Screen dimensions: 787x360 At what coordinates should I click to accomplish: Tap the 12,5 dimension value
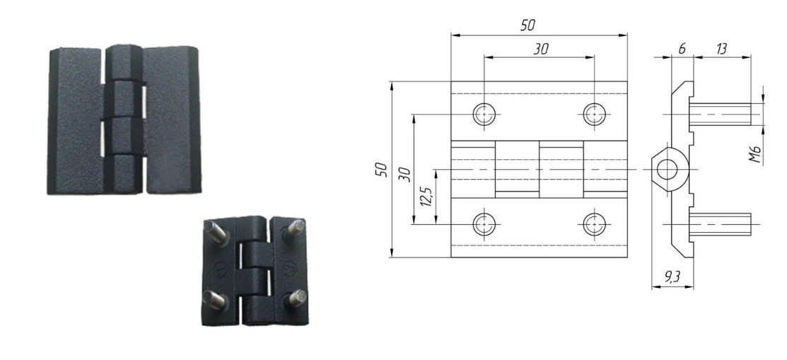click(426, 197)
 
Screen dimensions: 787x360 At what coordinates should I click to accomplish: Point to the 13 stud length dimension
click(722, 49)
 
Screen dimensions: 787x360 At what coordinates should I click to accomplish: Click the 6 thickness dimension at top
click(682, 49)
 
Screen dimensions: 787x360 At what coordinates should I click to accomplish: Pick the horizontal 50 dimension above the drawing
click(527, 25)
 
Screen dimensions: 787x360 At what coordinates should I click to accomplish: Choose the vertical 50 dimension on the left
click(381, 169)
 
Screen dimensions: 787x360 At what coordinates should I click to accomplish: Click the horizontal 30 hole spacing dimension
click(540, 49)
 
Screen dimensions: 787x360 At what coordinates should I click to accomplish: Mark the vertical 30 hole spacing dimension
click(406, 174)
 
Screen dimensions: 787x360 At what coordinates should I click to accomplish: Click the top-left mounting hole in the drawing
click(484, 115)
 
